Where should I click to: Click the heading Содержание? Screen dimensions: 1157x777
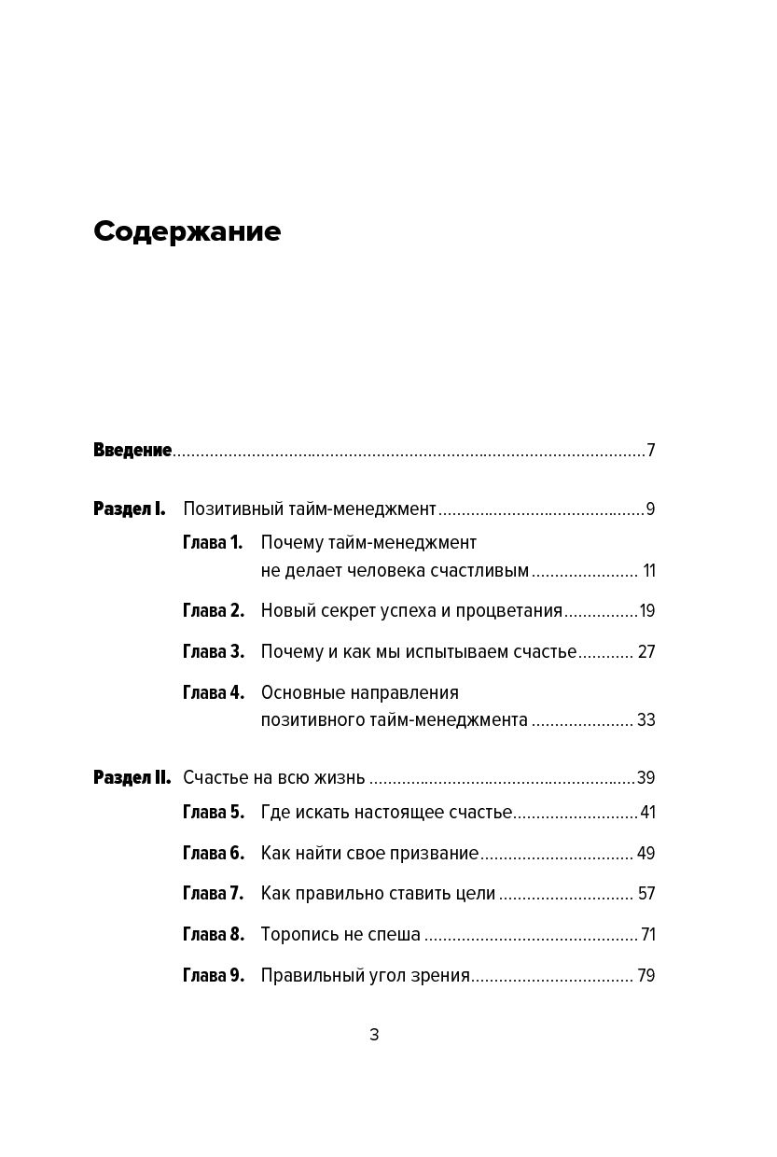[187, 231]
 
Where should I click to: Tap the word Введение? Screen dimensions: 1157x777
[132, 451]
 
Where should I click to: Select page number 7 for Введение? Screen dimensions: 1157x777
[651, 451]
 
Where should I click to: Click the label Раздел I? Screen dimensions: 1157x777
[130, 509]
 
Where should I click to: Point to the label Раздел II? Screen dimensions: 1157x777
[132, 778]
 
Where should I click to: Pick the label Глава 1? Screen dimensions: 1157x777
[213, 543]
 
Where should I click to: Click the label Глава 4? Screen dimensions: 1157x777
[213, 693]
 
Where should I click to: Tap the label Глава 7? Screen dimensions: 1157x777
[213, 894]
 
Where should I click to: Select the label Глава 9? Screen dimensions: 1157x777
[213, 976]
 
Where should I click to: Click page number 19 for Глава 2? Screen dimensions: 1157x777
[647, 611]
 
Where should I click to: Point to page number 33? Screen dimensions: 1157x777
[646, 720]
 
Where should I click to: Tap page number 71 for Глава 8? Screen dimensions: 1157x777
[647, 935]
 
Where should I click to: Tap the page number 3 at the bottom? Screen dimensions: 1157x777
[374, 1035]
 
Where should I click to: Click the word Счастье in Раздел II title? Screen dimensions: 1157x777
[215, 778]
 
